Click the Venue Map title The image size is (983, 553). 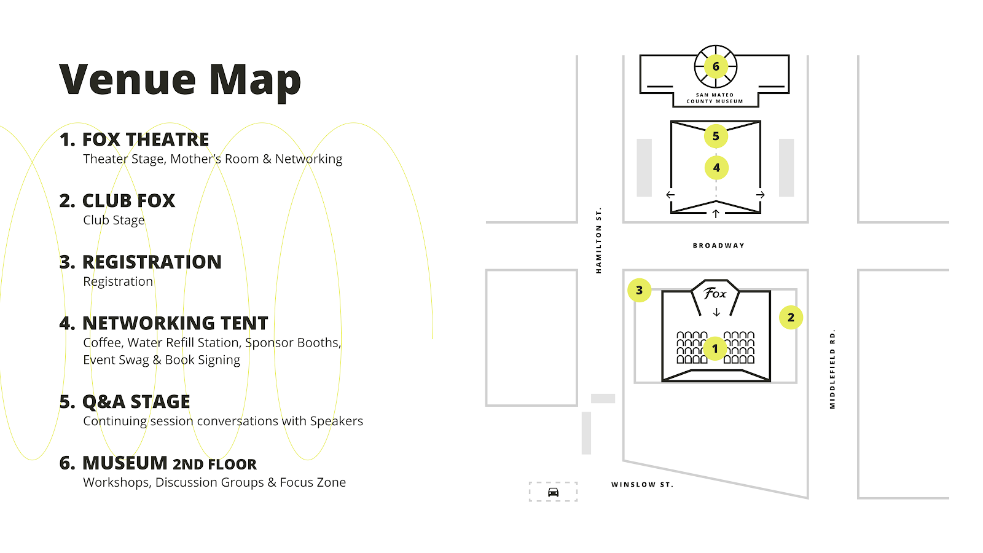coord(180,80)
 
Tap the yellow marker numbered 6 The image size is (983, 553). coord(716,66)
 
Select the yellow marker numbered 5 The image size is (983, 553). coord(716,136)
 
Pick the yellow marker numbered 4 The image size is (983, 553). coord(716,168)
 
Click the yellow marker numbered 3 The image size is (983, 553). coord(639,290)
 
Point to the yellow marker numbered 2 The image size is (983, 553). coord(791,318)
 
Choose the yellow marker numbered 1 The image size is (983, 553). coord(715,348)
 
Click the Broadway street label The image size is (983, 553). coord(718,246)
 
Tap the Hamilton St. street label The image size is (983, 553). coord(598,240)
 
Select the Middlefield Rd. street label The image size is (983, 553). coord(832,369)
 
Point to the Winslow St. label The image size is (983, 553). coord(642,485)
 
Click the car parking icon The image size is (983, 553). coord(553,492)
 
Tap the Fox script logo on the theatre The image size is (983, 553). coord(715,294)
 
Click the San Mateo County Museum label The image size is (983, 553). coord(715,98)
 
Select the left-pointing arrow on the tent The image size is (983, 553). coord(670,195)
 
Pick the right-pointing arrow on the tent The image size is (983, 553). coord(761,195)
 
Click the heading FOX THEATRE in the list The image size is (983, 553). coord(146,139)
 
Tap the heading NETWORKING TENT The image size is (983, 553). coord(175,323)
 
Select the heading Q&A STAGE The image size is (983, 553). coord(136,402)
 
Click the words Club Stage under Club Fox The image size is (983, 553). coord(114,220)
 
